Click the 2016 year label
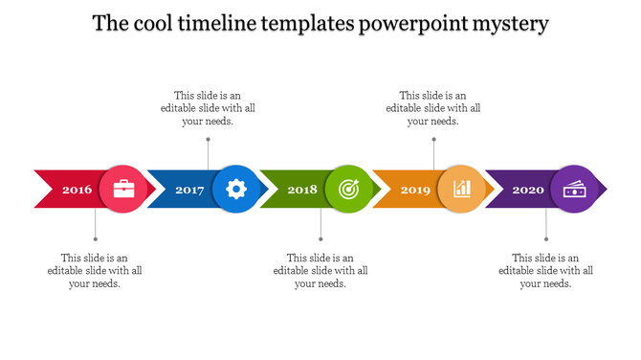pyautogui.click(x=77, y=190)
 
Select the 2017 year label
pyautogui.click(x=190, y=190)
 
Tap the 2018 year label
pyautogui.click(x=302, y=190)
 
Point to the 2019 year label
pyautogui.click(x=415, y=190)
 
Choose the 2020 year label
pyautogui.click(x=528, y=190)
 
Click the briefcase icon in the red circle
pyautogui.click(x=124, y=189)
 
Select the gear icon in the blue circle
pyautogui.click(x=236, y=189)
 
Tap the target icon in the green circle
pyautogui.click(x=349, y=189)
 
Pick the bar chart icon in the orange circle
pyautogui.click(x=462, y=189)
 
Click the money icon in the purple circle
pyautogui.click(x=574, y=189)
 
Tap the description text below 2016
pyautogui.click(x=95, y=271)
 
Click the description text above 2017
pyautogui.click(x=208, y=108)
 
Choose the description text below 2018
pyautogui.click(x=320, y=271)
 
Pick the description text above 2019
pyautogui.click(x=433, y=108)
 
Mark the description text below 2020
pyautogui.click(x=546, y=271)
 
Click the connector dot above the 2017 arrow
pyautogui.click(x=208, y=140)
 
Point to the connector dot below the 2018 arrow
pyautogui.click(x=320, y=239)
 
